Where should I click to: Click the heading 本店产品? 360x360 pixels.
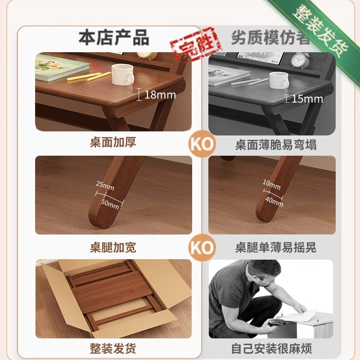pos(113,38)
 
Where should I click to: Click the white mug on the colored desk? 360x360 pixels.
pos(122,74)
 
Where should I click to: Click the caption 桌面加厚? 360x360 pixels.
pos(113,143)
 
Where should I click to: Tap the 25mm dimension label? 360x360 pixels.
pos(105,185)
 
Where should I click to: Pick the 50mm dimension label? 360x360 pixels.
pos(110,203)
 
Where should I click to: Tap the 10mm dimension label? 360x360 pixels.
pos(271,184)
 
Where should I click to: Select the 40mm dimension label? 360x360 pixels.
pos(274,201)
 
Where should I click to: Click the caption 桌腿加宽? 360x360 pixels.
pos(113,247)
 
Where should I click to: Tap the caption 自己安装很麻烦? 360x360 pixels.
pos(272,348)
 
